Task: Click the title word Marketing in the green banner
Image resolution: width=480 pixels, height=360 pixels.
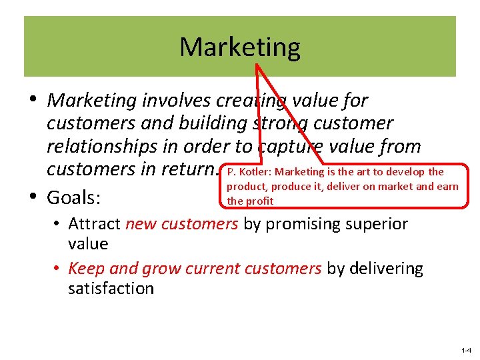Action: tap(240, 47)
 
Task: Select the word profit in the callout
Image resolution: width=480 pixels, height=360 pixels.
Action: tap(260, 200)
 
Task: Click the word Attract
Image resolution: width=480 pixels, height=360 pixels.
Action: tap(94, 223)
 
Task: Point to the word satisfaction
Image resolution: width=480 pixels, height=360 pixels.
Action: tap(111, 288)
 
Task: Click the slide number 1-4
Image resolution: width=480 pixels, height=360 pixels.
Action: tap(465, 350)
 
